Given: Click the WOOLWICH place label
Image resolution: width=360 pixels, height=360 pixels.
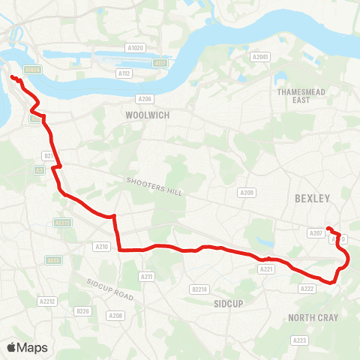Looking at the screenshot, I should click(x=148, y=115).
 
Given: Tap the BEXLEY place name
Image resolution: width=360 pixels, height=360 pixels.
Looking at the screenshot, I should click(x=313, y=199).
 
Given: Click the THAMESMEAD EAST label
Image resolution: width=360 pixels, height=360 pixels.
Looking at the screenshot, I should click(x=292, y=95).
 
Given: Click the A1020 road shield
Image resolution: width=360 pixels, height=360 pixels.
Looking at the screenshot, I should click(x=135, y=49).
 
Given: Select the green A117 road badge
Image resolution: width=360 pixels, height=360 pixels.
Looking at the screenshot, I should click(x=160, y=64).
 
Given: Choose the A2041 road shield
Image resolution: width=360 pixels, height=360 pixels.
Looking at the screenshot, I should click(x=259, y=57).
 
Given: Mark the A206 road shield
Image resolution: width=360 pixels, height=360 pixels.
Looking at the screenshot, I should click(x=145, y=98).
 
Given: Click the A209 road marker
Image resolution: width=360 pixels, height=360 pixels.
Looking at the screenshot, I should click(x=247, y=193).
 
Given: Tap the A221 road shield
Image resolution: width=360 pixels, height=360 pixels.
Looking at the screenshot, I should click(x=265, y=268).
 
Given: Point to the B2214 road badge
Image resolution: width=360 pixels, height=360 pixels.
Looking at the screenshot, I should click(x=199, y=289).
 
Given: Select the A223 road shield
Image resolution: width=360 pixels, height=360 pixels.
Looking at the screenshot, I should click(x=300, y=340).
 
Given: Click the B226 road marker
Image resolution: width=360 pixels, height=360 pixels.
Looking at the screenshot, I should click(x=82, y=310).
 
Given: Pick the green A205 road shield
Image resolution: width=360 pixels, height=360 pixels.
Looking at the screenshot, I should click(x=52, y=260).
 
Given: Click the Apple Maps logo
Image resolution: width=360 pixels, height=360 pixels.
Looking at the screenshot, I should click(x=27, y=347).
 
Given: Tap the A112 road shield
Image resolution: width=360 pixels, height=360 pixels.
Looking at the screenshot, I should click(x=124, y=73).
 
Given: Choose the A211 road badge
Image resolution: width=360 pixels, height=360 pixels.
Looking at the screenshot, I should click(x=146, y=277).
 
